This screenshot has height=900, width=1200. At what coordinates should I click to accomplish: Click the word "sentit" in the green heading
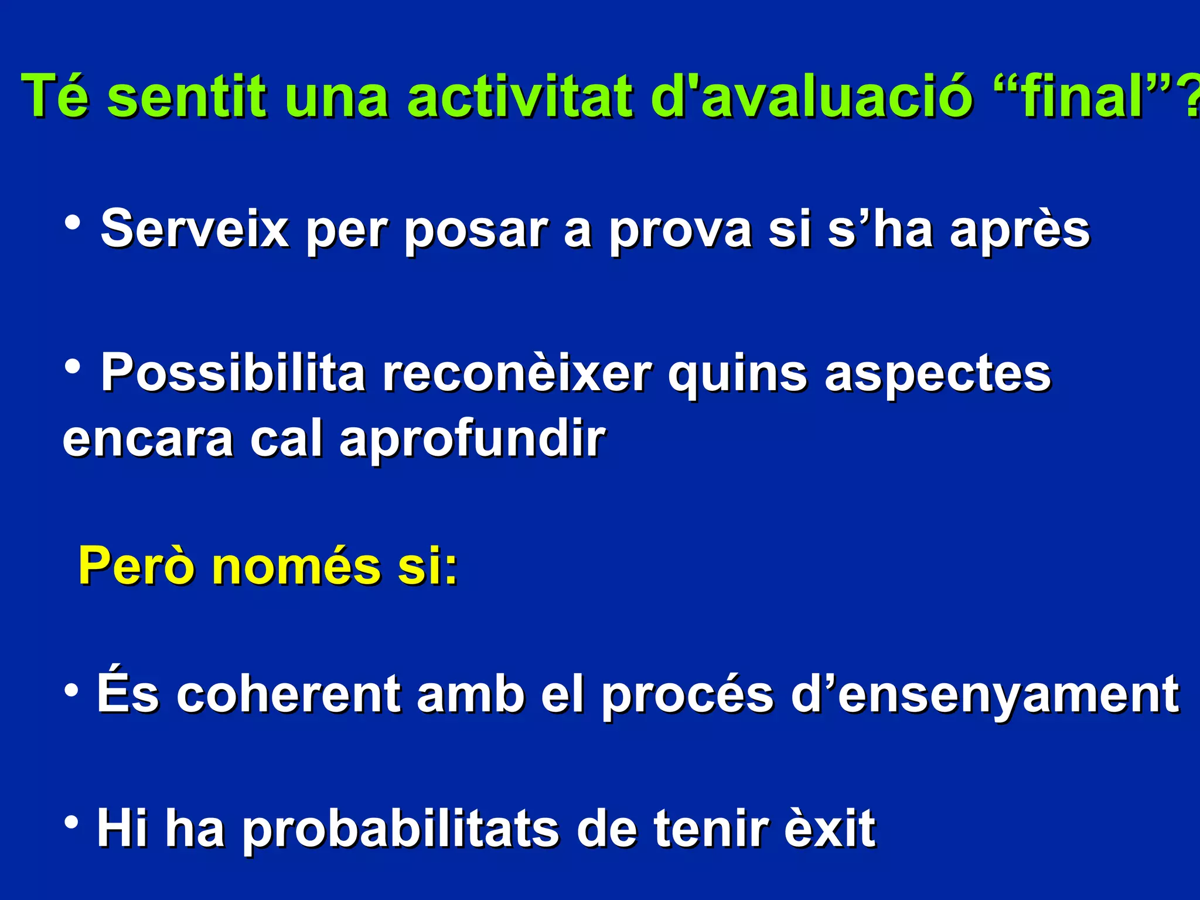(x=187, y=96)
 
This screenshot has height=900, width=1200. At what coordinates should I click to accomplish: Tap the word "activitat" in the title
(x=521, y=96)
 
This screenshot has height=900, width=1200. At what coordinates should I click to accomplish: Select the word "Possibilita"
(x=233, y=373)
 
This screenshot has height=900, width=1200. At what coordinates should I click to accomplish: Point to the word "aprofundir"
(x=472, y=441)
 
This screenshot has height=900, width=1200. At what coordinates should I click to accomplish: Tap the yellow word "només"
(x=296, y=566)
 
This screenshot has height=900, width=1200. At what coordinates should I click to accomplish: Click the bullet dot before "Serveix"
(x=73, y=223)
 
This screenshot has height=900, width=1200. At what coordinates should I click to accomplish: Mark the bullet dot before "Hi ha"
(x=71, y=823)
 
